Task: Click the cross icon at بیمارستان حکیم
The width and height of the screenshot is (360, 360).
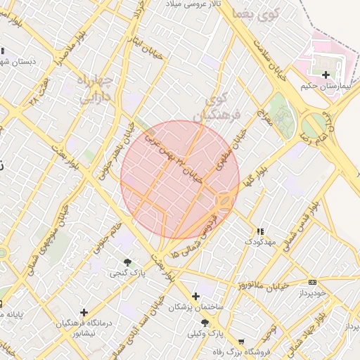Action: pos(325,75)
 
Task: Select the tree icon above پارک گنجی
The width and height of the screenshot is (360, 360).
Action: pos(127,262)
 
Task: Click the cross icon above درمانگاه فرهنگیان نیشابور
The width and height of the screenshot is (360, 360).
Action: pos(84,311)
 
